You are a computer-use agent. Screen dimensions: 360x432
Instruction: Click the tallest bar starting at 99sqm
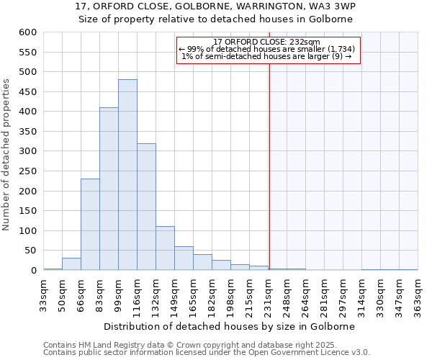click(127, 175)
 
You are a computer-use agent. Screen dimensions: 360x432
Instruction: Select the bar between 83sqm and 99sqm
click(109, 189)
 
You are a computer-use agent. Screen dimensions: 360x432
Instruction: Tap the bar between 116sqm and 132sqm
click(146, 207)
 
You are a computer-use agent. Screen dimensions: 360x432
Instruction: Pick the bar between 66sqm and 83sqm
click(90, 225)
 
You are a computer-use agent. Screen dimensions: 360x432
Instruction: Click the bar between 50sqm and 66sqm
click(71, 264)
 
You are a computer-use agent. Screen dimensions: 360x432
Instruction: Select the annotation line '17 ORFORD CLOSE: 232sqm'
click(266, 42)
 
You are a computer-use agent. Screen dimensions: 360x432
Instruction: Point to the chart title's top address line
click(215, 6)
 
